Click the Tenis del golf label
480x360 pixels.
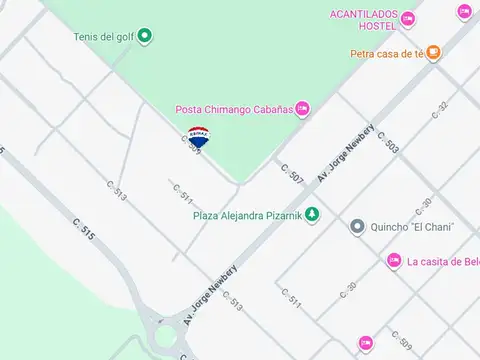(103, 37)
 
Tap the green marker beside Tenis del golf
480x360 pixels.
(144, 37)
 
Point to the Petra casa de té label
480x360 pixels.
(387, 54)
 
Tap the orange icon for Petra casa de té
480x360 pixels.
(433, 54)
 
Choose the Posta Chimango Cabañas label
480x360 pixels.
(234, 109)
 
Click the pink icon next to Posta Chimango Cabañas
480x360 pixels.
(302, 109)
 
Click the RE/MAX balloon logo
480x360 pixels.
(198, 138)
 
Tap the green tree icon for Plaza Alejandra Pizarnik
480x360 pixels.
(312, 213)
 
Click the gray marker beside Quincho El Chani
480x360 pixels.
(357, 227)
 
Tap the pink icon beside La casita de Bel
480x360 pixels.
(394, 261)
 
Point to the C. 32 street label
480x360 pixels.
(440, 109)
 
